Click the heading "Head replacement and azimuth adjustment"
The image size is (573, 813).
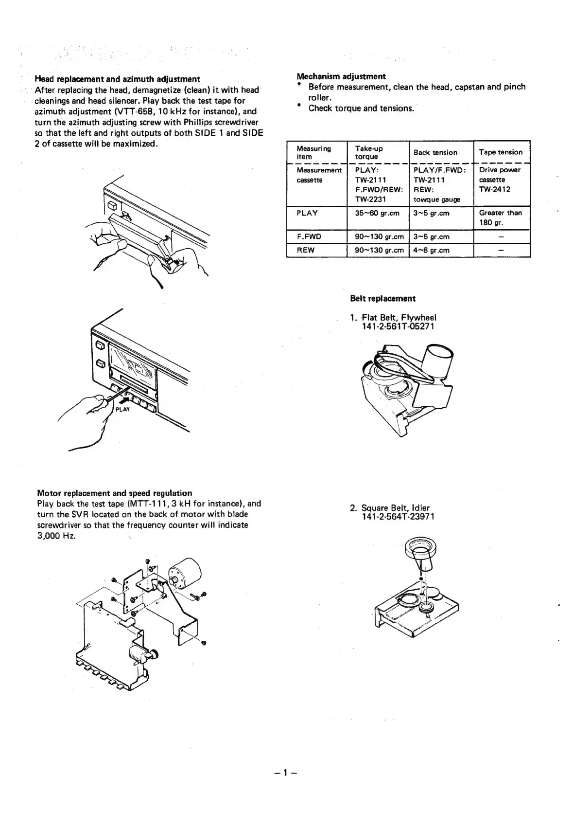[x=117, y=79]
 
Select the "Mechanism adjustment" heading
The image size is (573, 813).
[x=341, y=76]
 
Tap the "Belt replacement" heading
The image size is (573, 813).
[x=382, y=298]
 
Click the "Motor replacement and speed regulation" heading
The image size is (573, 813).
[x=115, y=493]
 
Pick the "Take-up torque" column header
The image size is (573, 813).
[x=369, y=152]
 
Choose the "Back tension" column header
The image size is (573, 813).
[x=435, y=152]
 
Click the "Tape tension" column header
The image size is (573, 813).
[x=501, y=152]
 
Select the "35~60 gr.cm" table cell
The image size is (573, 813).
[x=377, y=213]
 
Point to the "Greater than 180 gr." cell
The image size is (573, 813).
[x=500, y=217]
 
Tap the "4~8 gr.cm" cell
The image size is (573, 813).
[x=431, y=250]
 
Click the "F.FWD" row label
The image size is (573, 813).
[x=309, y=237]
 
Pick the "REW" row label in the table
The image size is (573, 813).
[x=306, y=250]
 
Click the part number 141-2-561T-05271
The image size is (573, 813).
[x=398, y=326]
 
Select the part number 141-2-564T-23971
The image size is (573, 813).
[x=398, y=517]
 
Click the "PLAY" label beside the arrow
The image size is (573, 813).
[x=122, y=409]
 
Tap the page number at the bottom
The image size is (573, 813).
[x=286, y=772]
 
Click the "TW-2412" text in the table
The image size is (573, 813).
[x=494, y=189]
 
